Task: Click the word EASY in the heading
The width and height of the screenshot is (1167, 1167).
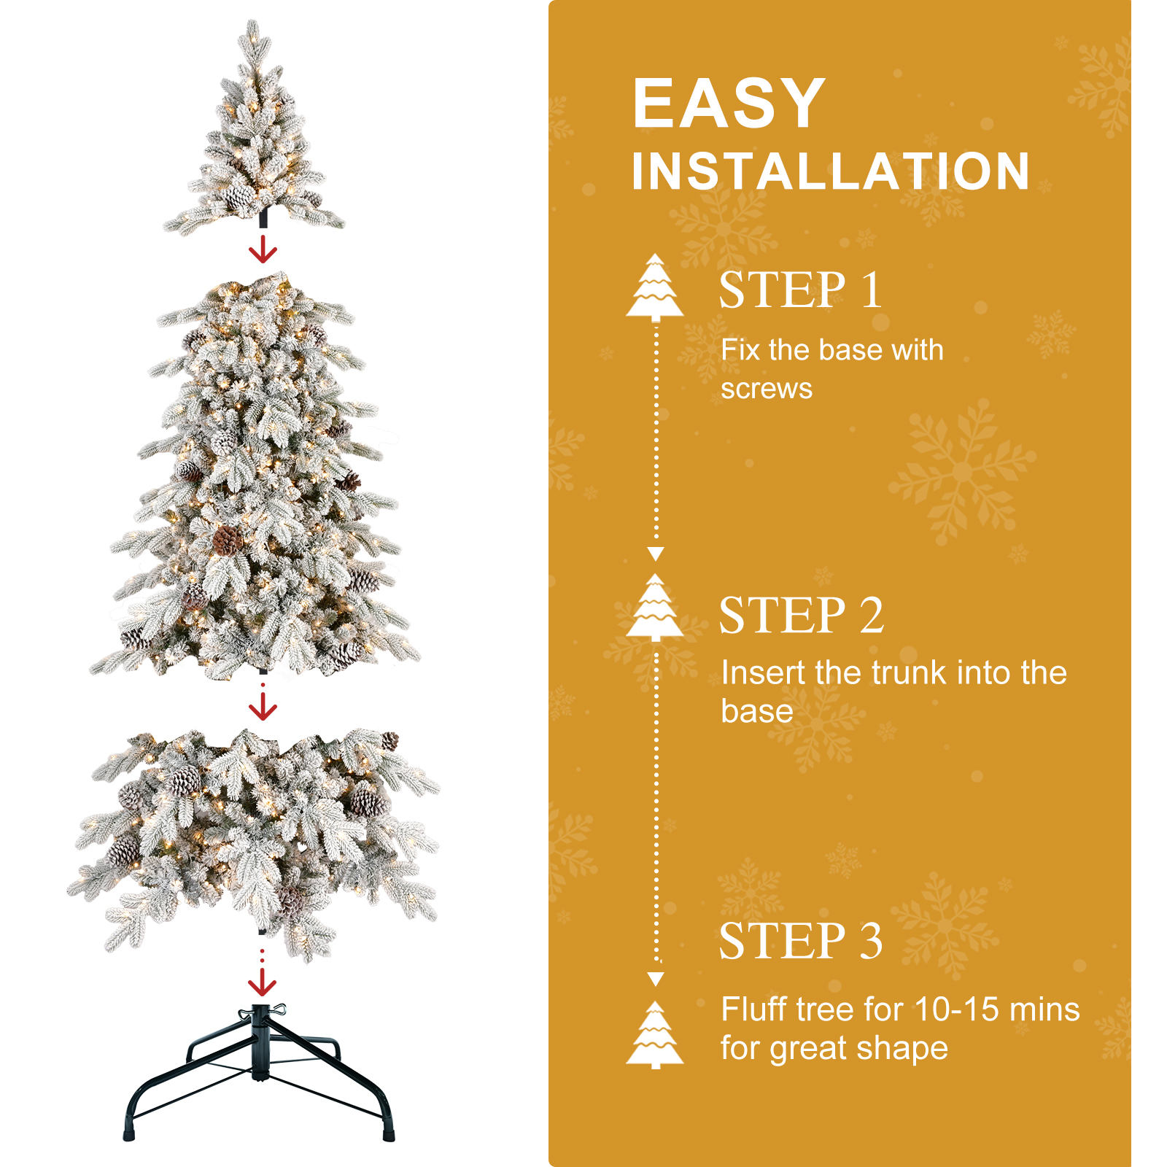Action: click(729, 104)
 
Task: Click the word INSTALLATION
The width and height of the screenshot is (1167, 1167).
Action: click(831, 171)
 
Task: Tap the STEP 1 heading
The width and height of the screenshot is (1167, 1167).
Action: click(801, 290)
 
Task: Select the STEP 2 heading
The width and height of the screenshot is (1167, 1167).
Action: click(802, 615)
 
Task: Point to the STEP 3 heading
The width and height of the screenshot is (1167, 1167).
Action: click(801, 940)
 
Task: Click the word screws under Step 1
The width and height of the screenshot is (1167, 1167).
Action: click(767, 389)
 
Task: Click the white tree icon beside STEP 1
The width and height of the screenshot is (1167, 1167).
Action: click(655, 287)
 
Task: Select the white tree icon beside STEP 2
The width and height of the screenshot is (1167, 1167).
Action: click(655, 607)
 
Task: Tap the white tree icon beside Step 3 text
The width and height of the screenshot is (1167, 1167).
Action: click(655, 1035)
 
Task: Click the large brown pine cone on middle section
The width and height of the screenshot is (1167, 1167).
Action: click(228, 540)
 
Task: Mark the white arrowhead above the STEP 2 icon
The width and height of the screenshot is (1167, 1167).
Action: click(656, 554)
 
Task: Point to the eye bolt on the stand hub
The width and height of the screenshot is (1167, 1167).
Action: click(278, 1010)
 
